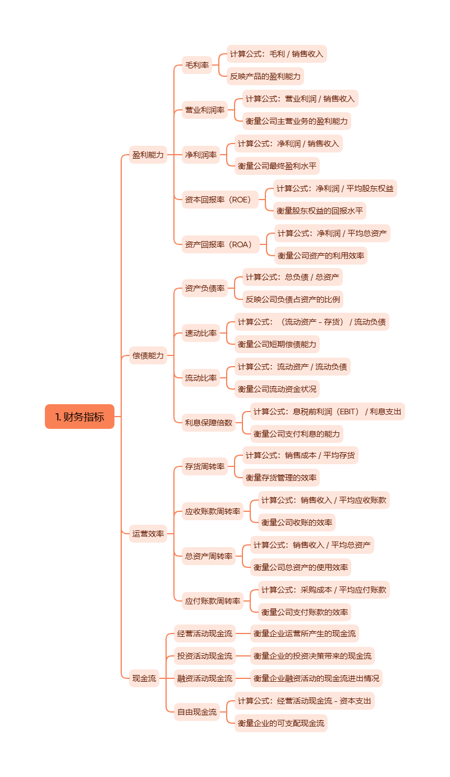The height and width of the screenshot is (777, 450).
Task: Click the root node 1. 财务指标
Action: (x=80, y=417)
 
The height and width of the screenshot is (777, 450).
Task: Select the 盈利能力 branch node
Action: (x=148, y=155)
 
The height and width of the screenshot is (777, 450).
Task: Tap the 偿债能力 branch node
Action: (x=148, y=355)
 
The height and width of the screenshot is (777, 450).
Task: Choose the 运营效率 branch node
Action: (x=148, y=534)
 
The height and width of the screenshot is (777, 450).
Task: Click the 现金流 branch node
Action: (x=144, y=678)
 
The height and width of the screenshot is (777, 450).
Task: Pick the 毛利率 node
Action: (x=197, y=65)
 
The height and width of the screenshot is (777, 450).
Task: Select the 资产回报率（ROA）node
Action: (x=219, y=244)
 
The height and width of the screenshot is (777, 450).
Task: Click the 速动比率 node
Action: (x=201, y=333)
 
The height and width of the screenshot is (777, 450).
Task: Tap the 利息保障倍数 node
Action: (x=209, y=422)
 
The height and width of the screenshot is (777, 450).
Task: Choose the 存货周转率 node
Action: (x=205, y=466)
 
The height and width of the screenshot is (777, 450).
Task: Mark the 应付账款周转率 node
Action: (x=213, y=601)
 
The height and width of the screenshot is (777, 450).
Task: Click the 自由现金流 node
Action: (x=197, y=712)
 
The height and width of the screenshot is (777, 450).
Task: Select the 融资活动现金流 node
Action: (x=205, y=678)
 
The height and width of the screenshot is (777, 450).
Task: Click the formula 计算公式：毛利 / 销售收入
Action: (x=277, y=54)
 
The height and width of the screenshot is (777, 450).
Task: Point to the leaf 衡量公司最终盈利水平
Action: (x=277, y=165)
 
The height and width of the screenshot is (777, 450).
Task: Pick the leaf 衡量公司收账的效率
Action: (x=297, y=522)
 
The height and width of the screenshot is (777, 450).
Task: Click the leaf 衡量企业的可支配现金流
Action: (x=281, y=723)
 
